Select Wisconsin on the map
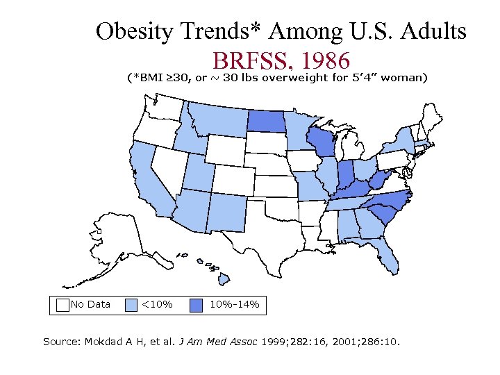320,142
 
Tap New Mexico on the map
226,210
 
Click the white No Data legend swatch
62,304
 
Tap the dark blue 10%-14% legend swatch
197,304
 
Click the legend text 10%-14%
234,304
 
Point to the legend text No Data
90,304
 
